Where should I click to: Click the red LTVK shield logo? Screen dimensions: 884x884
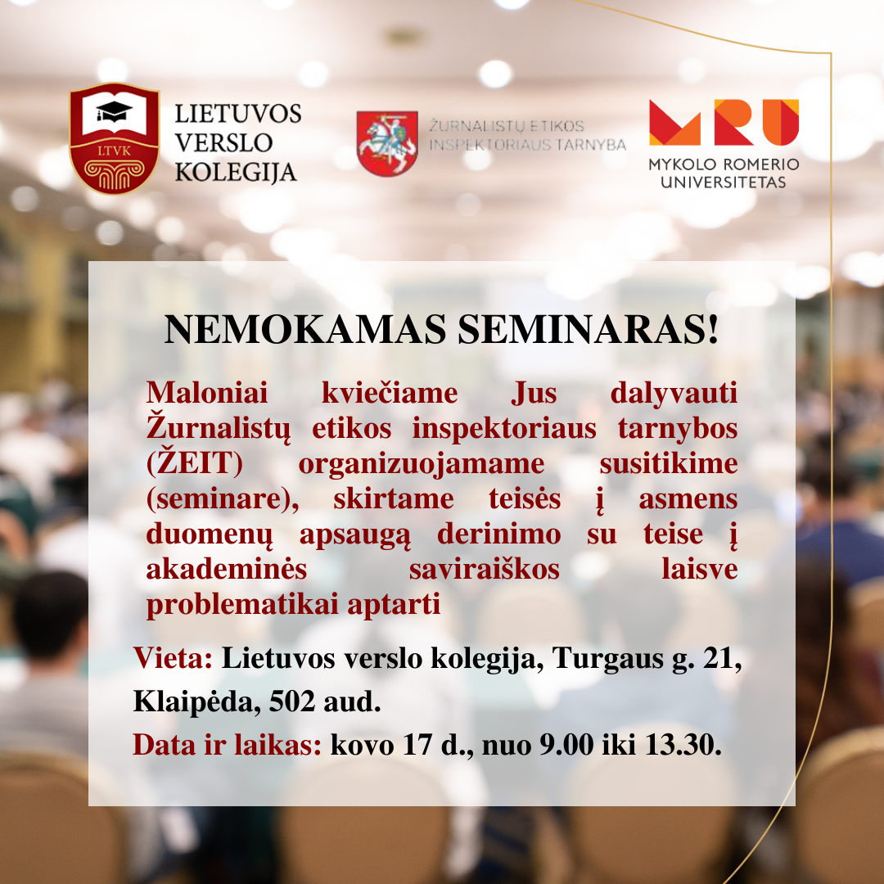point(114,138)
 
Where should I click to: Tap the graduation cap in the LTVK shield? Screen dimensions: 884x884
point(114,110)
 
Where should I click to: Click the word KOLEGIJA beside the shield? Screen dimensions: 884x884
point(236,173)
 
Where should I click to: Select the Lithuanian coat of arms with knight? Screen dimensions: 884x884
point(387,143)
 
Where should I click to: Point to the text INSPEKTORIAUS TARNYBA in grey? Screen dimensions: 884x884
point(528,145)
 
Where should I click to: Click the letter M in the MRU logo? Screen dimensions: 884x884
point(674,122)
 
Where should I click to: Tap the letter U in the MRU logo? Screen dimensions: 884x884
point(781,122)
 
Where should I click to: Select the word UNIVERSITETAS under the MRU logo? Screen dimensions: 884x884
point(724,182)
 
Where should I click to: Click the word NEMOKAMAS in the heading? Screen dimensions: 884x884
point(305,329)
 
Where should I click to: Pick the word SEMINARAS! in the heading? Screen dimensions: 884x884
point(588,329)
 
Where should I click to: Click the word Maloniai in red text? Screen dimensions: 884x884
point(207,392)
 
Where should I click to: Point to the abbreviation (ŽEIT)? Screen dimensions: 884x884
point(195,462)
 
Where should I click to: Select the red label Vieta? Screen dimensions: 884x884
point(173,657)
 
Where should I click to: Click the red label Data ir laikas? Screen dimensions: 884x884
point(228,745)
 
